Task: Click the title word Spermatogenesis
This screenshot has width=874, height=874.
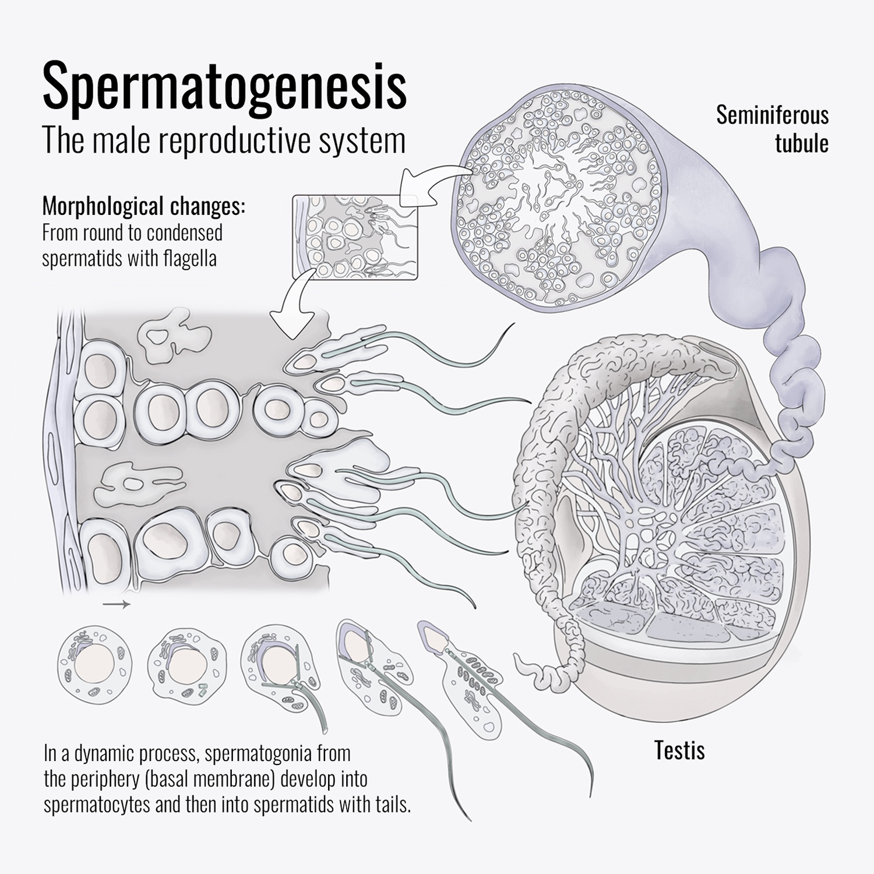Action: click(225, 88)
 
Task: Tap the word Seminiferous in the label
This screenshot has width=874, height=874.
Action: click(772, 115)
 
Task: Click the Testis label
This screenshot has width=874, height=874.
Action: click(679, 750)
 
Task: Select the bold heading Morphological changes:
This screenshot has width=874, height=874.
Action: click(144, 206)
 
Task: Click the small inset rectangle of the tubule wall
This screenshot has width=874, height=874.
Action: click(354, 237)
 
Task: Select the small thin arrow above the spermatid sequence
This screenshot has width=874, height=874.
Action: click(117, 605)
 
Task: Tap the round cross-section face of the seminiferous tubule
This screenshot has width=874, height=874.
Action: click(560, 199)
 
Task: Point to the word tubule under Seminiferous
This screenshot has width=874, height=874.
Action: click(801, 143)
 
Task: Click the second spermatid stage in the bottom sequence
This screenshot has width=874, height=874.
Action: click(185, 665)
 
